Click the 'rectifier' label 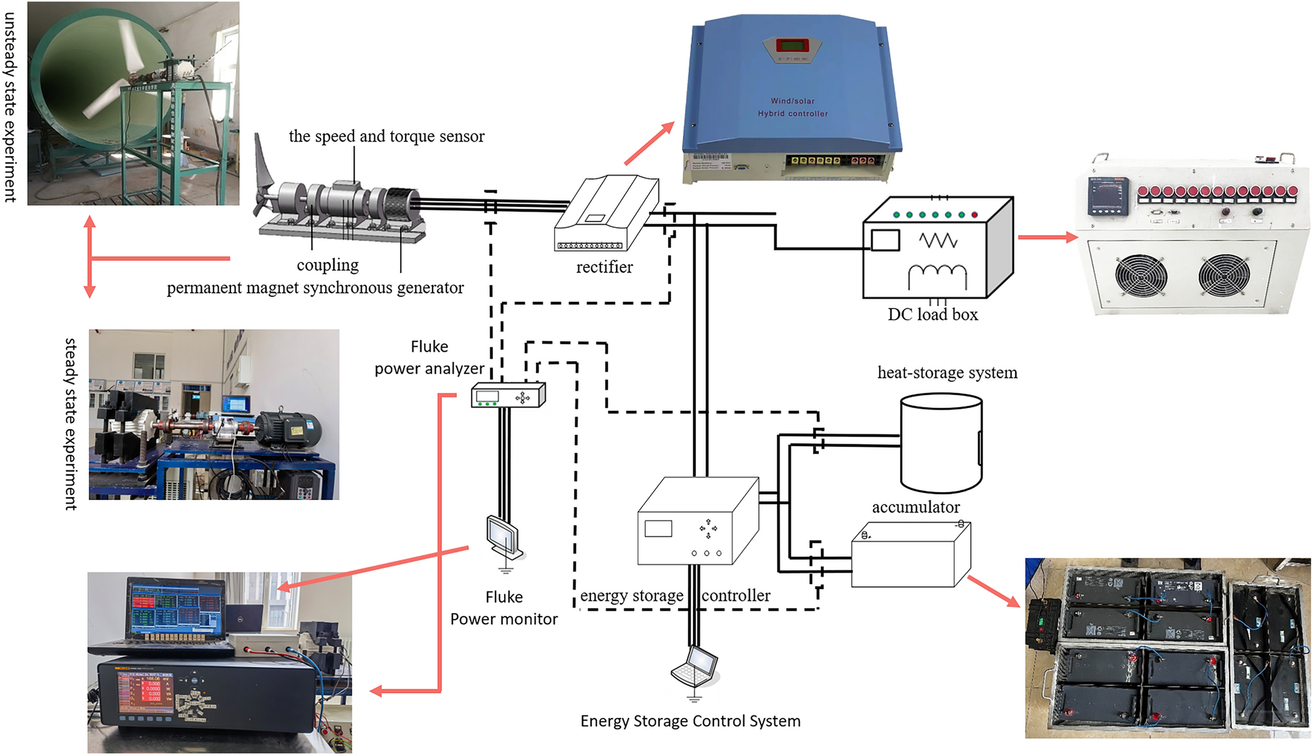coord(604,267)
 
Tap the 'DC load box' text coord(932,314)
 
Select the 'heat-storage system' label coord(946,373)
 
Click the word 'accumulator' coord(915,507)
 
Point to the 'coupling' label coord(327,265)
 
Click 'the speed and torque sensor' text coord(386,136)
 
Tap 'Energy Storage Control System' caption coord(690,721)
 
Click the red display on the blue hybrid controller coord(792,45)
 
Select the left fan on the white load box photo coord(1140,276)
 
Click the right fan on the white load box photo coord(1223,276)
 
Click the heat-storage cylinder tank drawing coord(941,443)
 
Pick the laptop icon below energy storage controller coord(696,666)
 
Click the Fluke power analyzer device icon coord(508,395)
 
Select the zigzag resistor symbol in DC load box coord(938,240)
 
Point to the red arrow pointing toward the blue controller coord(649,143)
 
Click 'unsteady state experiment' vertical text coord(10,107)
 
